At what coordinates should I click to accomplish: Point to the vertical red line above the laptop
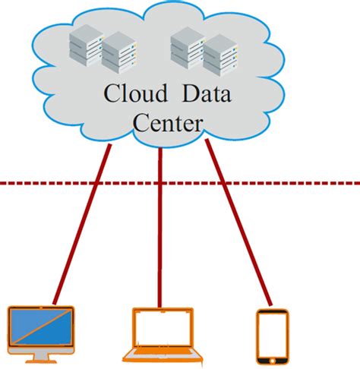[x=160, y=228]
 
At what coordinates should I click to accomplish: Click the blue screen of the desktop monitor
[x=41, y=326]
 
